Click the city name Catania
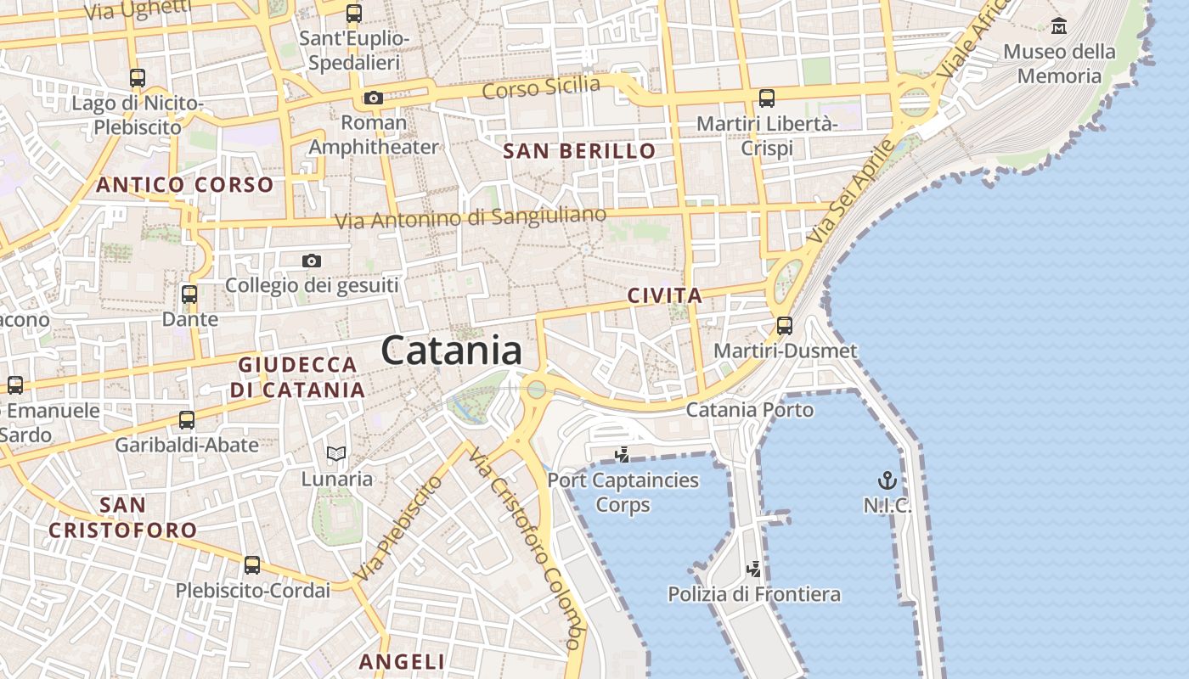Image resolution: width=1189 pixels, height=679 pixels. click(451, 350)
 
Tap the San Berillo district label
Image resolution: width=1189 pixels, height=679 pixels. click(579, 152)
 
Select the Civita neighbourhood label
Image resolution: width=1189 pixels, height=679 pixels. click(664, 296)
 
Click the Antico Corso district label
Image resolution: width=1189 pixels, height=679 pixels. click(185, 185)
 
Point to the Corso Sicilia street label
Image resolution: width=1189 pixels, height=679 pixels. click(541, 87)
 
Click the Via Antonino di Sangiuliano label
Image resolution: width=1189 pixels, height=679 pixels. click(471, 217)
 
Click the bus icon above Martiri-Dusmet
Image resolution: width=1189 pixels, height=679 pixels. click(784, 326)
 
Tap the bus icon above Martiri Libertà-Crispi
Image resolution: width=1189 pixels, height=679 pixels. click(767, 98)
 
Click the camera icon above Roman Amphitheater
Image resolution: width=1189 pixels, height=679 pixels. click(373, 98)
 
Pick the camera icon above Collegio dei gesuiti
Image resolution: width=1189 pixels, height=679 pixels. click(312, 261)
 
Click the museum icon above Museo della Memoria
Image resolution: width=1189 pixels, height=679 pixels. click(1058, 26)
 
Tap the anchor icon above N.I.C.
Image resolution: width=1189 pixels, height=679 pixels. click(887, 481)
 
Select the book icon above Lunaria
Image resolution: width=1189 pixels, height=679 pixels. click(336, 454)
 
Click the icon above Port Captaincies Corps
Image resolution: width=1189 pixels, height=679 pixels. click(623, 455)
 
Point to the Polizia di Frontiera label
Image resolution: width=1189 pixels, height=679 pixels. click(754, 594)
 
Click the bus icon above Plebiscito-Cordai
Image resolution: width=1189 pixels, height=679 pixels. click(252, 565)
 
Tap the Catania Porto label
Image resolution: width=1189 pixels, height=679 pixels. click(749, 410)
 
